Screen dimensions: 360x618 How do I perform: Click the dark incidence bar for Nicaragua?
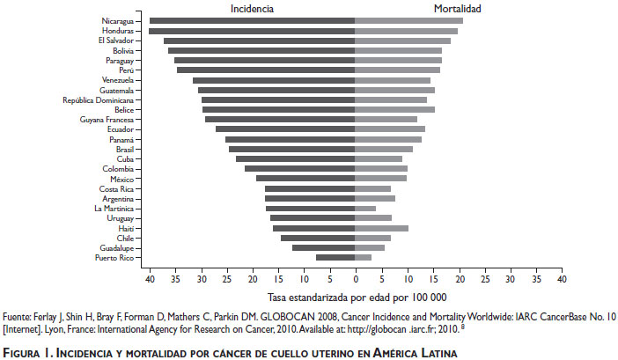coord(252,20)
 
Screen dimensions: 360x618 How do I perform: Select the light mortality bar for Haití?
coord(381,228)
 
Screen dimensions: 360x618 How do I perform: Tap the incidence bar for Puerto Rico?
coord(335,257)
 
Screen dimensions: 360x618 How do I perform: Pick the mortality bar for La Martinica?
coord(365,209)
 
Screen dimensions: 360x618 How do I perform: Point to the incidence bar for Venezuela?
coord(274,80)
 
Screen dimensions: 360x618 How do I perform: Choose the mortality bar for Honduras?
coord(406,31)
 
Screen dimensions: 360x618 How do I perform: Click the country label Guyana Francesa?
coord(107,119)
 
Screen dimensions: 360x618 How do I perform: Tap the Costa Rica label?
coord(116,188)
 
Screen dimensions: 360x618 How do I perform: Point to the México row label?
coord(121,179)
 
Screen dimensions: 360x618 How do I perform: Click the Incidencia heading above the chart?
coord(252,8)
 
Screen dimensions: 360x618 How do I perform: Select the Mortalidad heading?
coord(457,8)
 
